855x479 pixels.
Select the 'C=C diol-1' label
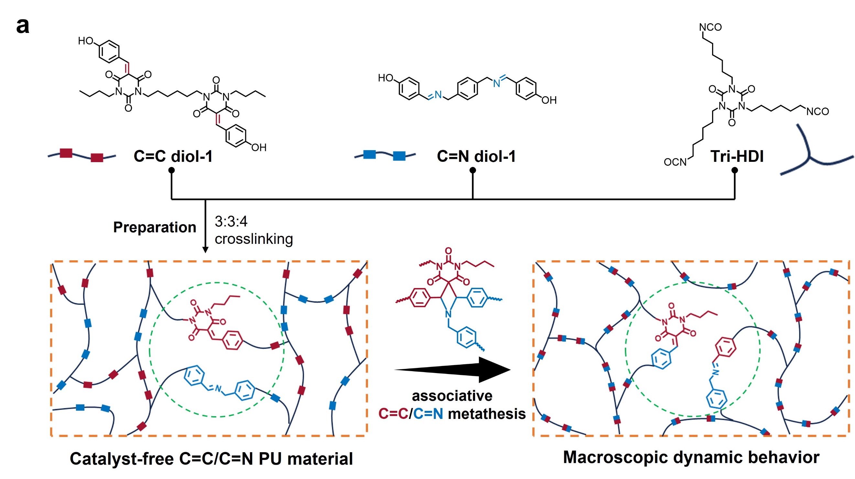tap(173, 156)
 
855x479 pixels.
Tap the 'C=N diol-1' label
tap(476, 156)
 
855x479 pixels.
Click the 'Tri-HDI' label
tap(737, 156)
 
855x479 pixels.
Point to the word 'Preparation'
tap(155, 227)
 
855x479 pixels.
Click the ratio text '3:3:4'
tap(231, 222)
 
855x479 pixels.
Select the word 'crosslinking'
tap(254, 239)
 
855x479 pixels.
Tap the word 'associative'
tap(452, 396)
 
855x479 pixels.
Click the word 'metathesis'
tap(487, 414)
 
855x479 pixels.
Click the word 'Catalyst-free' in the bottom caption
tap(122, 459)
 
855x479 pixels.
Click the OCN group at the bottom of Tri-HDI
tap(675, 162)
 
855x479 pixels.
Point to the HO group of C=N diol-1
tap(386, 78)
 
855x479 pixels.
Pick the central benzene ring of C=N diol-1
tap(467, 89)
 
